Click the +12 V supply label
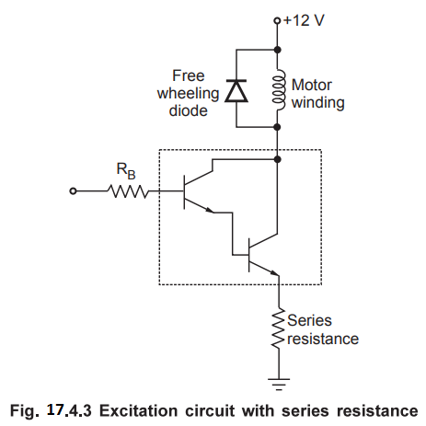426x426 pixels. point(304,20)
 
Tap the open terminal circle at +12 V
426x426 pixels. point(277,21)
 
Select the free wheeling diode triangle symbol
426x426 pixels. point(236,90)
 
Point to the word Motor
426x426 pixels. point(312,85)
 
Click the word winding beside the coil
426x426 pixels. point(318,103)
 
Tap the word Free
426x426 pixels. point(189,75)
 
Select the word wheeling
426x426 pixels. point(188,94)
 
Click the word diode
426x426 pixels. point(188,110)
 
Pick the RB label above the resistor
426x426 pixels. point(126,170)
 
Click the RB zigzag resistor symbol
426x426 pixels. point(128,191)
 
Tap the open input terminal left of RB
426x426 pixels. point(73,191)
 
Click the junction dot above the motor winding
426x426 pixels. point(277,50)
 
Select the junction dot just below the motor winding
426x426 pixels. point(277,127)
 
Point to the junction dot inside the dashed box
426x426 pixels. point(277,159)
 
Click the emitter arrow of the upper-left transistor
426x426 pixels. point(209,210)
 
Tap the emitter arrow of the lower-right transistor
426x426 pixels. point(274,272)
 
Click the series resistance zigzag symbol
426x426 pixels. point(279,328)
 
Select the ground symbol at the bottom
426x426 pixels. point(279,385)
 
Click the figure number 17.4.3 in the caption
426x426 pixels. point(69,410)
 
